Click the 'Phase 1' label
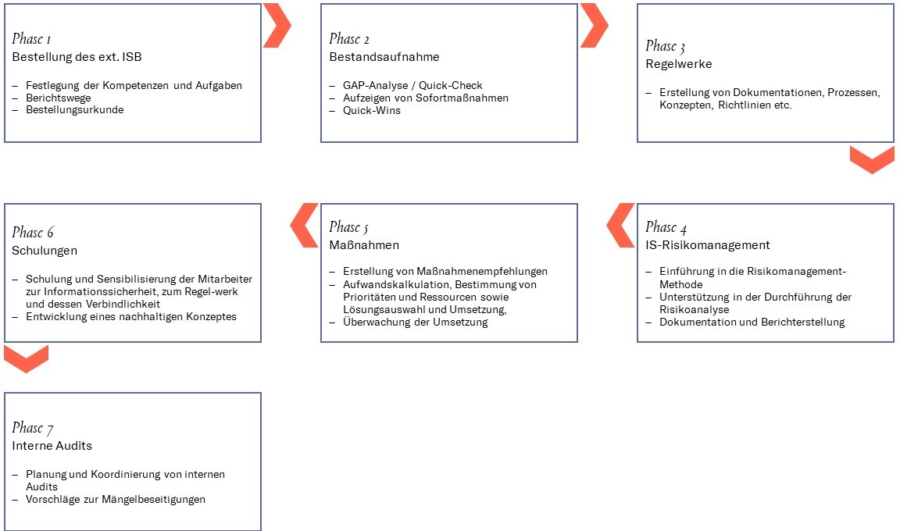tap(31, 39)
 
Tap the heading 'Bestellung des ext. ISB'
tap(77, 57)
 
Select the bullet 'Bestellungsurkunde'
tap(75, 109)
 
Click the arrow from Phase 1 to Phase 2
tap(277, 25)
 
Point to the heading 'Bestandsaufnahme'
tap(384, 57)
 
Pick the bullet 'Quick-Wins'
tap(372, 110)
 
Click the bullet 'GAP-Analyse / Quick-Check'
tap(412, 85)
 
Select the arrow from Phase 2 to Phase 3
tap(594, 25)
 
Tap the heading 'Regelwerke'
tap(678, 64)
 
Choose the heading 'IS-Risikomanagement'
tap(707, 245)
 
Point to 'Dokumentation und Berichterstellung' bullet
tap(752, 322)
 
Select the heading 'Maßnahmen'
tap(364, 245)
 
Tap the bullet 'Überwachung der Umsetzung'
tap(416, 322)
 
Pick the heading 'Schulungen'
tap(45, 251)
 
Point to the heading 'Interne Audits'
tap(52, 446)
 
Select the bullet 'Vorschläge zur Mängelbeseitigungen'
tap(116, 500)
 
